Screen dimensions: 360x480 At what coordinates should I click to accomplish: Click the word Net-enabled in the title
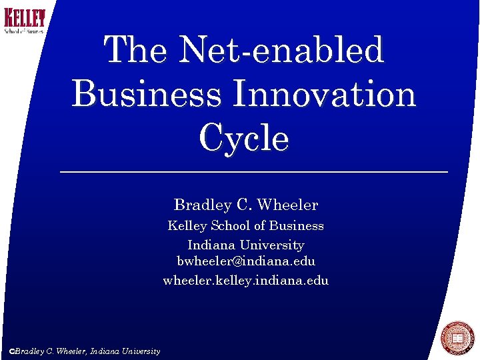(283, 51)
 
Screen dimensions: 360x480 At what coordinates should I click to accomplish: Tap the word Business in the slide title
(146, 95)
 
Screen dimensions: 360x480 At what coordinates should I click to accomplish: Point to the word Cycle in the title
(243, 139)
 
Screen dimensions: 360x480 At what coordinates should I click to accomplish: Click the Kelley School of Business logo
(25, 21)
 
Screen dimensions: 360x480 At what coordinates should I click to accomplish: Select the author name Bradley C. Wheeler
(245, 205)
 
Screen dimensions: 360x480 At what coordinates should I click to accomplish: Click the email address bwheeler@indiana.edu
(245, 261)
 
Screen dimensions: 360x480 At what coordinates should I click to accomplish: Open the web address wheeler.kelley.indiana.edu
(245, 281)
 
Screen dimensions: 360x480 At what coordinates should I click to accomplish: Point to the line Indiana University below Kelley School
(245, 245)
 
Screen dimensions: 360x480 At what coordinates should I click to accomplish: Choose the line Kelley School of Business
(245, 226)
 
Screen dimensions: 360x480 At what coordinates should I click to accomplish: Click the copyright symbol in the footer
(11, 351)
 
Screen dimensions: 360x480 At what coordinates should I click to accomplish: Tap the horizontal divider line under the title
(253, 172)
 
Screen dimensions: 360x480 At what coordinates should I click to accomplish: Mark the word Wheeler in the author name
(287, 205)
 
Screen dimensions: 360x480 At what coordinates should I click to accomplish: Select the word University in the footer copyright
(140, 351)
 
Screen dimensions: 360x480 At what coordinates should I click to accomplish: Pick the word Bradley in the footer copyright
(29, 351)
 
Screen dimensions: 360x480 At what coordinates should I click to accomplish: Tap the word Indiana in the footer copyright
(105, 351)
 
